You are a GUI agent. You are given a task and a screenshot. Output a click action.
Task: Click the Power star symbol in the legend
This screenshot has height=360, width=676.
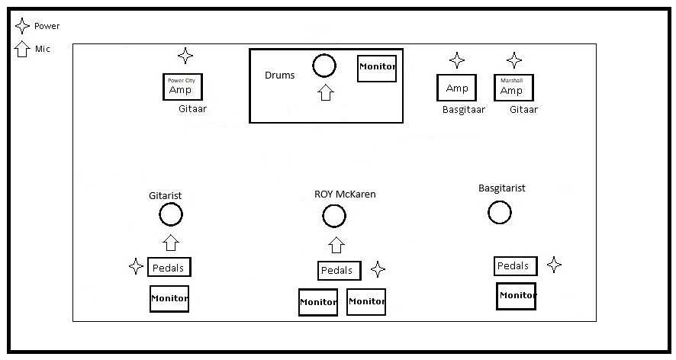pos(23,26)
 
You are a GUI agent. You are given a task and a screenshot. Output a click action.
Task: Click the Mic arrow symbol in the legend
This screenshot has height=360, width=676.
pos(23,49)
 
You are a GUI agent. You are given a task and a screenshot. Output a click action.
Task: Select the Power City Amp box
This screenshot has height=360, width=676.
pos(182,87)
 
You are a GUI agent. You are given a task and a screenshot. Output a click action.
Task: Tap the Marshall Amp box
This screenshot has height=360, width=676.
pos(513,87)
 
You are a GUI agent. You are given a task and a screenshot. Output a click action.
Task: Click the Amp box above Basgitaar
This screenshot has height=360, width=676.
pos(456,88)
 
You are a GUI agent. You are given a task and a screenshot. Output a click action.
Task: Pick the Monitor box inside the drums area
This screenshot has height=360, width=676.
pos(377,68)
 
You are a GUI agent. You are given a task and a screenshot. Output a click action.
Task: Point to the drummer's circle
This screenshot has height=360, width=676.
pos(324,66)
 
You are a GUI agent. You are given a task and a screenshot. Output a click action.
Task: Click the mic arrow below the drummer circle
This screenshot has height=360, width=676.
pos(326,93)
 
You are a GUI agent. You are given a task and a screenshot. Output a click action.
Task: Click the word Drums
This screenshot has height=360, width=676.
pos(279,76)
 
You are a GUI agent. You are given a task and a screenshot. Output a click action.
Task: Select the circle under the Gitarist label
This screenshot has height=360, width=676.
pos(171,215)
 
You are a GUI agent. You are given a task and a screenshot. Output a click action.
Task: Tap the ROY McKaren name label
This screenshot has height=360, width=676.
pos(345,194)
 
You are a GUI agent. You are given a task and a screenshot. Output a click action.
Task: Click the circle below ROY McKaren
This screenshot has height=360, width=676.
pos(334,217)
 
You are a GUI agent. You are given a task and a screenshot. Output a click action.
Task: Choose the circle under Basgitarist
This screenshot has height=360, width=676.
pos(499,212)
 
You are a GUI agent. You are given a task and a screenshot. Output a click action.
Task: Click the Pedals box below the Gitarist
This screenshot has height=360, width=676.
pos(169,267)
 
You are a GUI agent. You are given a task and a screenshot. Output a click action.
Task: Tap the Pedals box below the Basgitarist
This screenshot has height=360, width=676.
pos(514,266)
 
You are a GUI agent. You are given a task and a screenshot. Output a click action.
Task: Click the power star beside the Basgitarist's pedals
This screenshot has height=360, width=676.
pos(555,265)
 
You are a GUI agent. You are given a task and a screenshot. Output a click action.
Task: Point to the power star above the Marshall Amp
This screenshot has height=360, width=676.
pos(515,60)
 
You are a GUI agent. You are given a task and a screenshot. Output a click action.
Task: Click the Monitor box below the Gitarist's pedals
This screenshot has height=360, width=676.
pos(169,298)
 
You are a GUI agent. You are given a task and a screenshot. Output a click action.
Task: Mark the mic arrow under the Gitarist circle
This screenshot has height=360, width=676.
pos(171,243)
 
